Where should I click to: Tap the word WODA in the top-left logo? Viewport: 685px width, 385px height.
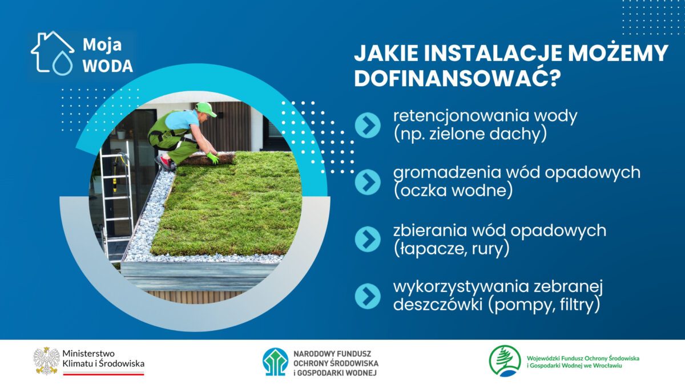108,66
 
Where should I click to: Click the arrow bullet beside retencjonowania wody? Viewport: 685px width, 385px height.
368,125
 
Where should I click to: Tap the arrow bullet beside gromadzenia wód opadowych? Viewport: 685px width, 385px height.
368,182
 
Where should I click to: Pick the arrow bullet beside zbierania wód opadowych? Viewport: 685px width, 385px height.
368,239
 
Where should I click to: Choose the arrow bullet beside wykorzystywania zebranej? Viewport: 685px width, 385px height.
368,296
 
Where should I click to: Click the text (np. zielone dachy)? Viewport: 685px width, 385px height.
470,135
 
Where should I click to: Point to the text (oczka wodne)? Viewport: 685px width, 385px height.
453,191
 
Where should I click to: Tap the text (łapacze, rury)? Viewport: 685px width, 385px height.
452,249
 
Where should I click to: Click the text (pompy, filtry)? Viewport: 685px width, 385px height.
543,305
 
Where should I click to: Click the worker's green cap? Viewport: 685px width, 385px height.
206,109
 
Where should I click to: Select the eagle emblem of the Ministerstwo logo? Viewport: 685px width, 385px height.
46,360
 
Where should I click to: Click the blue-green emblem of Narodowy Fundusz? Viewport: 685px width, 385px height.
275,362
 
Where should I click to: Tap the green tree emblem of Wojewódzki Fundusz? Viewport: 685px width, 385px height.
505,361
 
